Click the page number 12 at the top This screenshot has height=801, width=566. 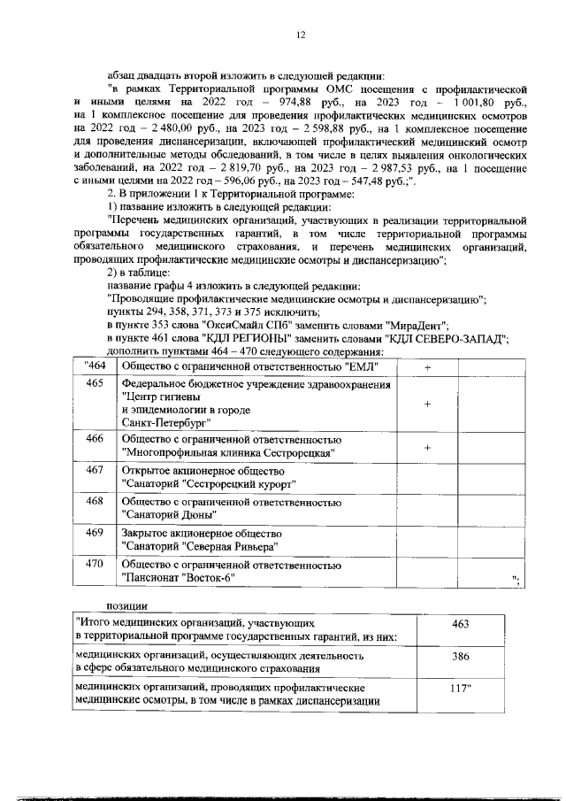pos(301,35)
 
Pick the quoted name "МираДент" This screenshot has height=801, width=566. pos(418,325)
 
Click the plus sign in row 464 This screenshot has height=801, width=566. pos(427,366)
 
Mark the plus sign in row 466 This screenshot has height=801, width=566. pos(427,448)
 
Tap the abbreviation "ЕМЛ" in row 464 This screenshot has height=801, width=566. pos(361,366)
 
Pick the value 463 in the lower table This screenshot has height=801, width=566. pos(459,625)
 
